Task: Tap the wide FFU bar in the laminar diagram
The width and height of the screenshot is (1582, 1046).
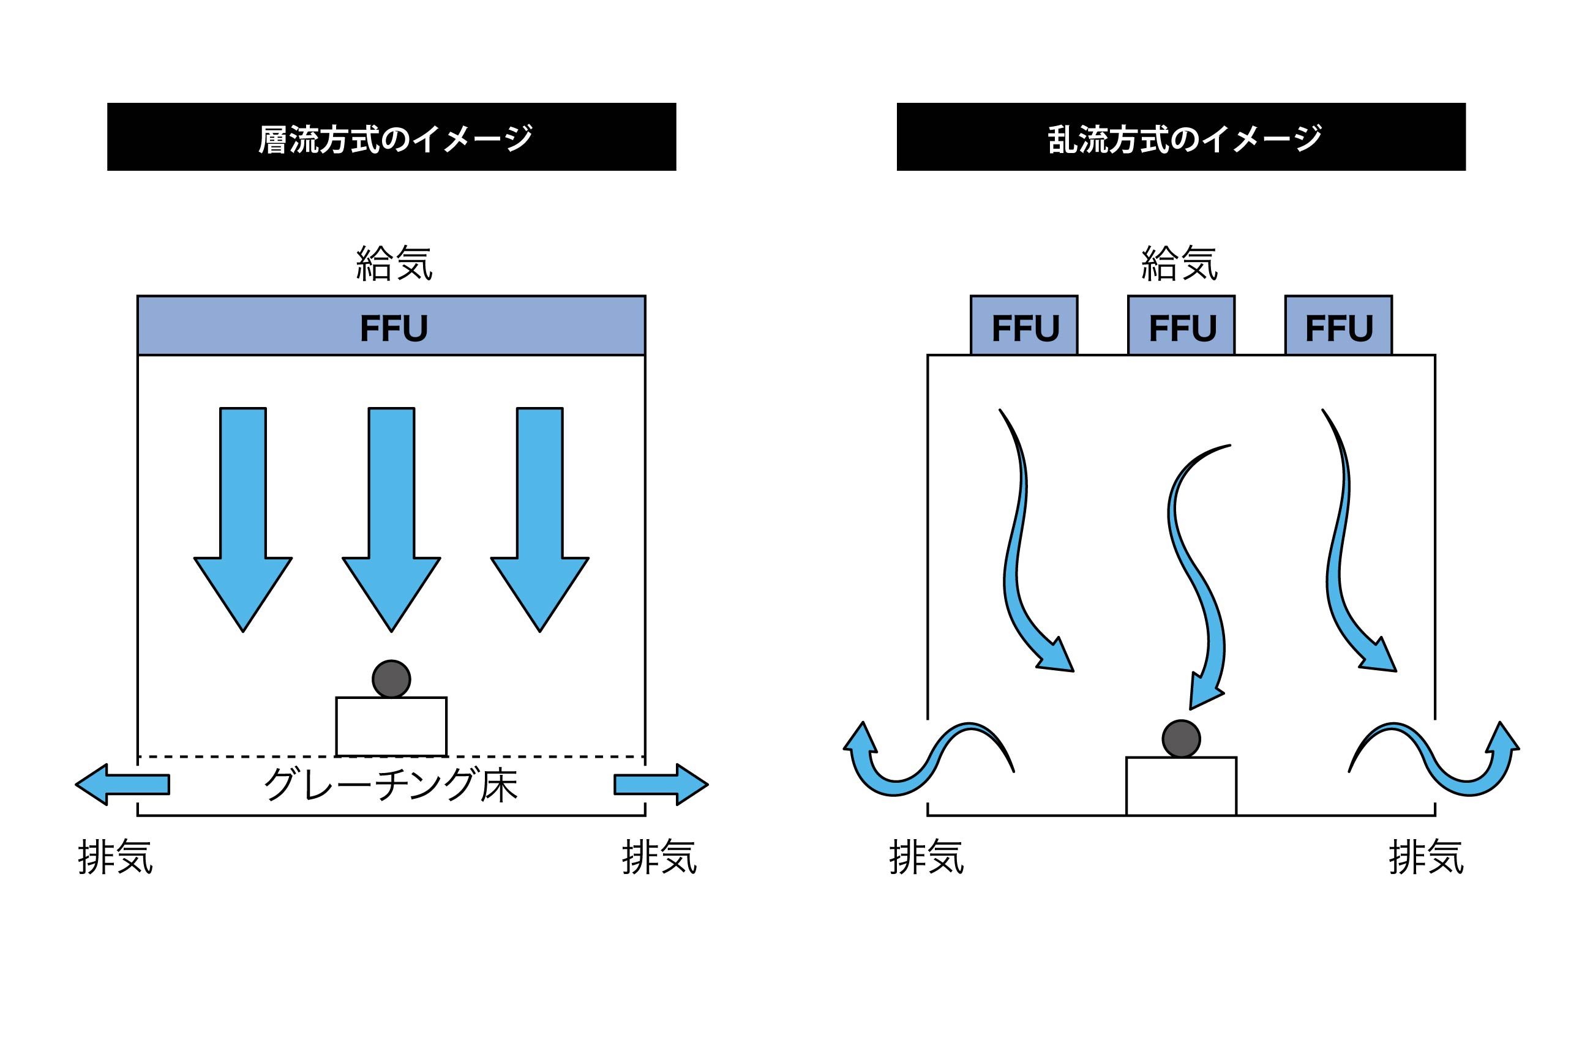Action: pos(391,326)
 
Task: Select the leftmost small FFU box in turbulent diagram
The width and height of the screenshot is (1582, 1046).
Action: pos(1024,326)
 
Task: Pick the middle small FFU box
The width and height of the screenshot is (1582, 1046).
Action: pos(1181,326)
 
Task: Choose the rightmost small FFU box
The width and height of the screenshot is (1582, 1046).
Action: pos(1338,326)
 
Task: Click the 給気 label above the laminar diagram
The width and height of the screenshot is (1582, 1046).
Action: pos(394,263)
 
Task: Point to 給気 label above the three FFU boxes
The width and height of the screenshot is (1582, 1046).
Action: pos(1179,263)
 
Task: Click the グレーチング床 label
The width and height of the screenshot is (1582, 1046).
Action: pos(391,785)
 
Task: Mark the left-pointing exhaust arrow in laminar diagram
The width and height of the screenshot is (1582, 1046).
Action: pos(124,785)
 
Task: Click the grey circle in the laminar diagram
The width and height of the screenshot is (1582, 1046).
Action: pos(391,679)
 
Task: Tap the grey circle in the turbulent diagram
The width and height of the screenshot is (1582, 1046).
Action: pos(1181,739)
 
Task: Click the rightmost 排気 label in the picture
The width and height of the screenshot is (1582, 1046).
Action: pos(1426,857)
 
